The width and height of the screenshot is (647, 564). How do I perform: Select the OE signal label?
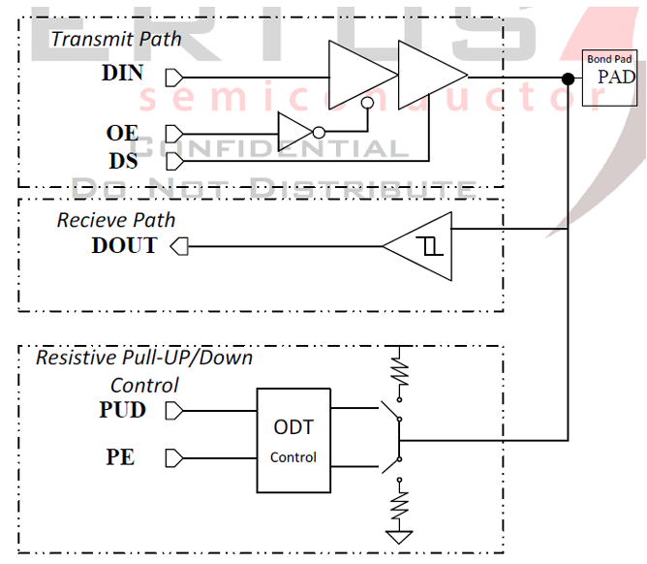point(123,133)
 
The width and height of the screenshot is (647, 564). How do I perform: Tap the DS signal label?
point(122,159)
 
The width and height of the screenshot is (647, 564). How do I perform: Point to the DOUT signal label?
point(124,245)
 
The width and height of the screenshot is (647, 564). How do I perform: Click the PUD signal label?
point(123,410)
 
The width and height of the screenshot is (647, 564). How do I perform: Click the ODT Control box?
point(293,440)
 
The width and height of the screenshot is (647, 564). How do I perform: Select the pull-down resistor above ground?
point(398,503)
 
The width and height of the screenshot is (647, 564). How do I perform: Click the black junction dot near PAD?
point(568,78)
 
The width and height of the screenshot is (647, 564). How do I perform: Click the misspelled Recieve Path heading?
point(115,220)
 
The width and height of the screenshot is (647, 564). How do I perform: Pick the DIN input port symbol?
point(174,78)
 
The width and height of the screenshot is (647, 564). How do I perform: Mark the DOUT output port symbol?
point(178,246)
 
